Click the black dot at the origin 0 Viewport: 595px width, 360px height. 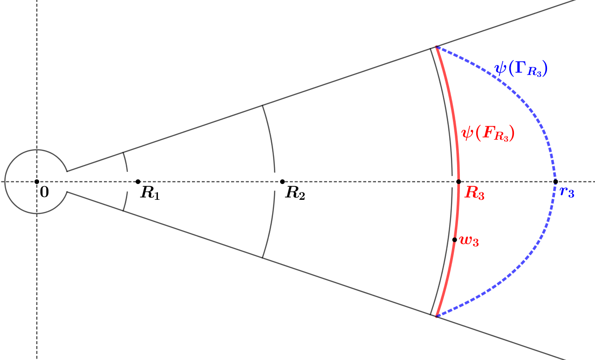[37, 182]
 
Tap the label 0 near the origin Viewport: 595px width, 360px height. [44, 192]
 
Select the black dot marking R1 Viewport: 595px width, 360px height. [138, 182]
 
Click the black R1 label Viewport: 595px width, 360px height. [150, 193]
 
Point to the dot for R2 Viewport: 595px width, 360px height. [282, 182]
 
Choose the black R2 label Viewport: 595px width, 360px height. [295, 193]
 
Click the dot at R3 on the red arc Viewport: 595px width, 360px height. [458, 182]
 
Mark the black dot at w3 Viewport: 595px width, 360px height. [455, 240]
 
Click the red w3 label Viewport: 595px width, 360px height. [469, 241]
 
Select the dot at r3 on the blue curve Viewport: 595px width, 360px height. [555, 182]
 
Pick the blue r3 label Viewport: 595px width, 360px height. [567, 192]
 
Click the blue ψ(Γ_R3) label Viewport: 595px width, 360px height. [520, 69]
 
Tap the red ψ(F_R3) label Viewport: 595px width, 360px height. [488, 134]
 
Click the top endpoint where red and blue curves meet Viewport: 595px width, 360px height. [436, 47]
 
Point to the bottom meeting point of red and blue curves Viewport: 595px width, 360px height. [437, 316]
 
